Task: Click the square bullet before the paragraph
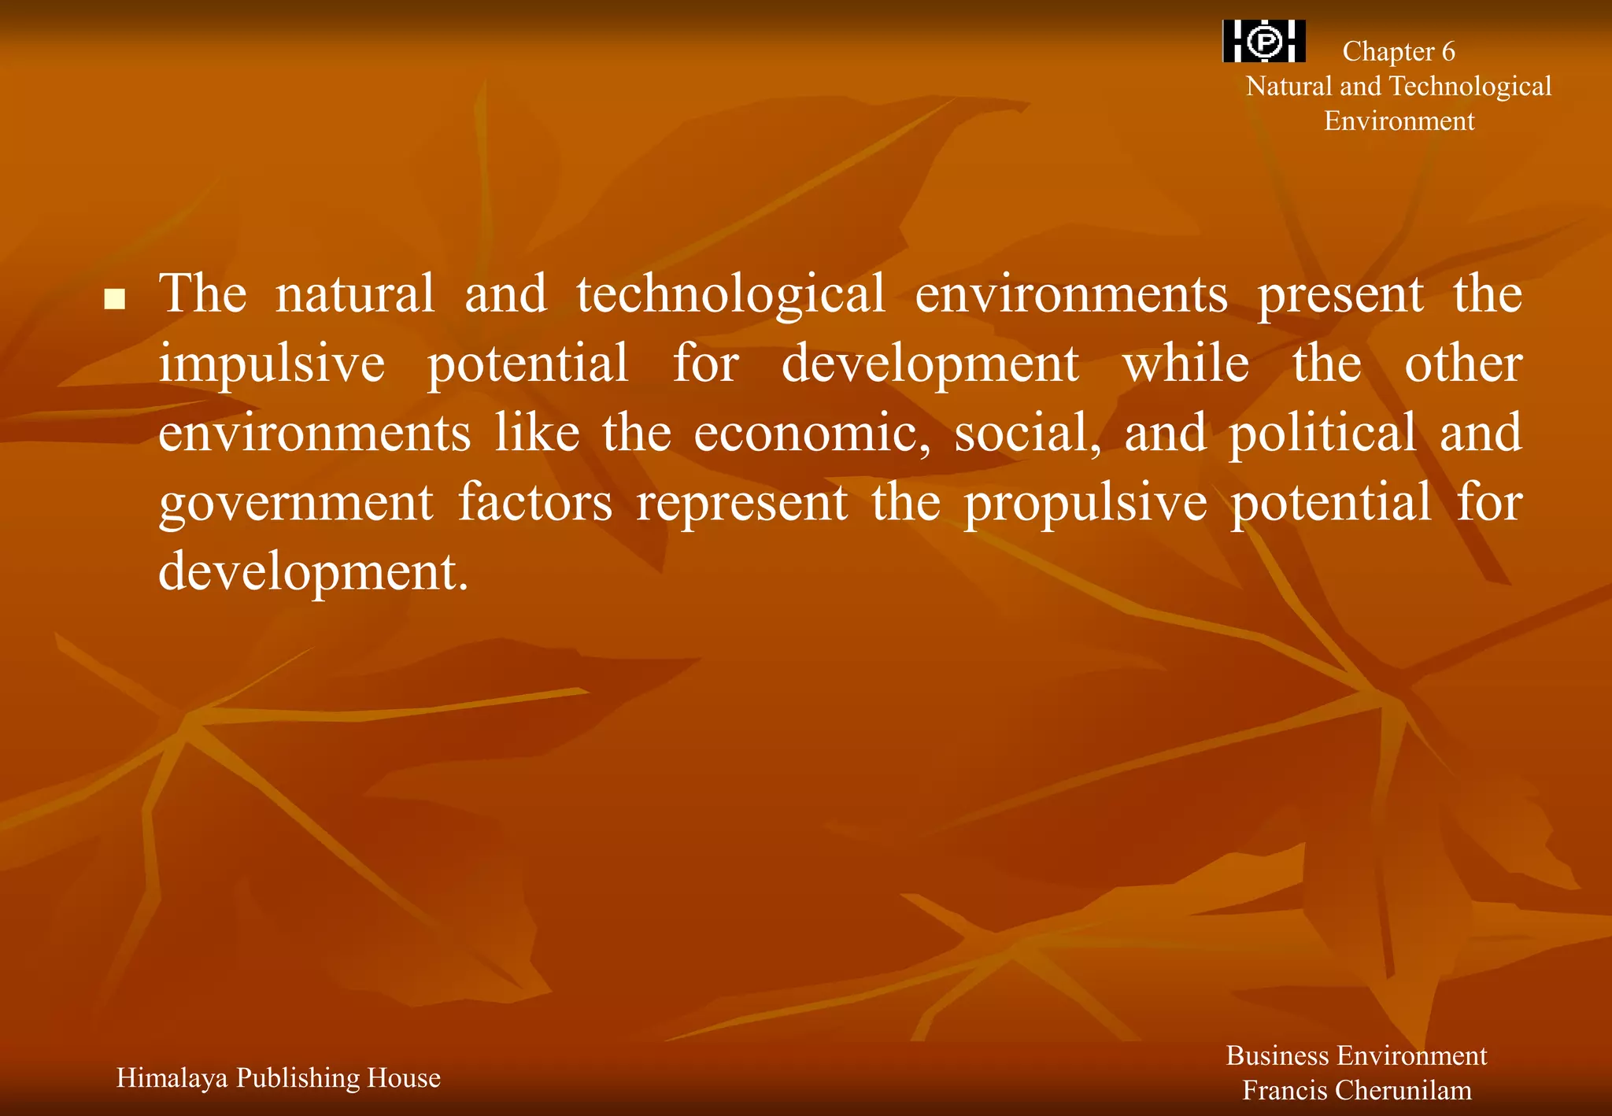click(x=115, y=299)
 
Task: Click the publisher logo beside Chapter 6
click(x=1264, y=41)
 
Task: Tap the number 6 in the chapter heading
click(x=1447, y=52)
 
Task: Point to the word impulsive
click(x=272, y=364)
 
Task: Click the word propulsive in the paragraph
click(x=1085, y=504)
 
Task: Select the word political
click(x=1322, y=434)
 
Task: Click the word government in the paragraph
click(x=296, y=504)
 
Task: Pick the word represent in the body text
click(x=742, y=504)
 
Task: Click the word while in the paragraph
click(x=1185, y=364)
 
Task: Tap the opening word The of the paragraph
click(x=203, y=294)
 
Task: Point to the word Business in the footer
click(x=1276, y=1056)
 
